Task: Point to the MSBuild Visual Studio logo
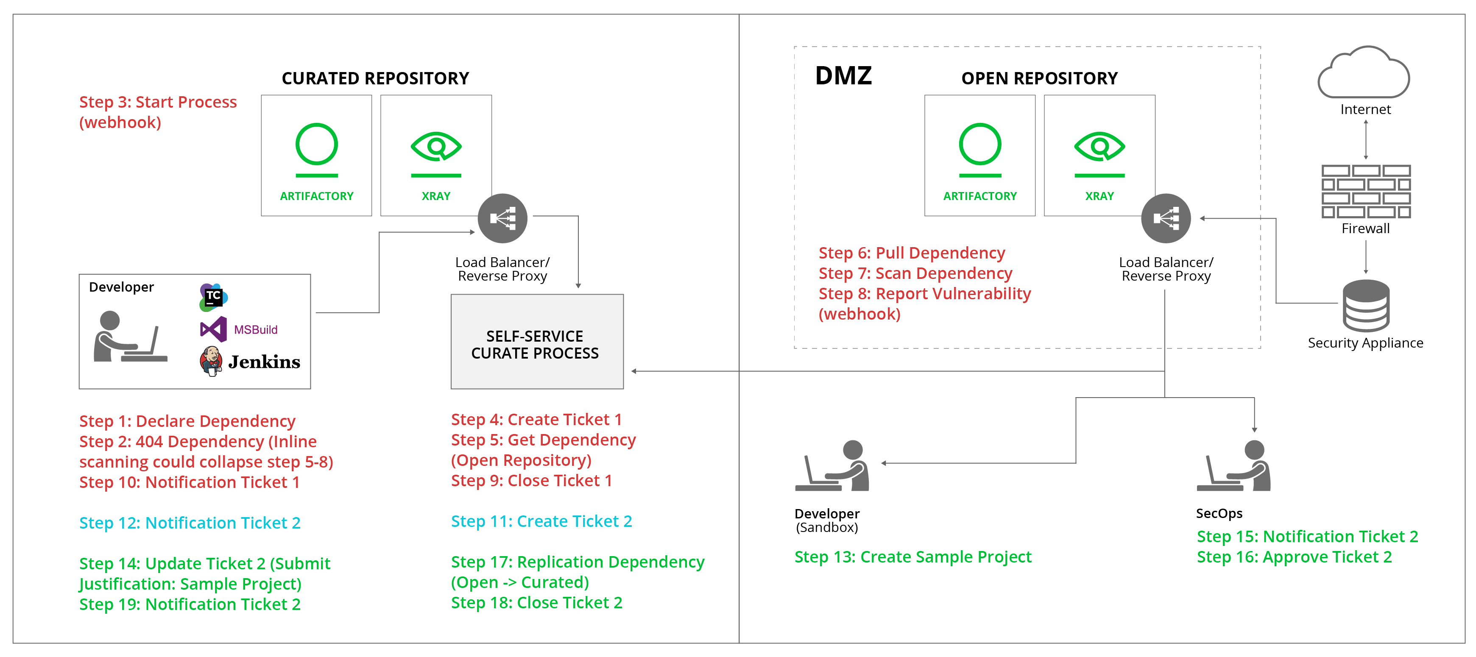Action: point(213,329)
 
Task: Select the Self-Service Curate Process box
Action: point(537,342)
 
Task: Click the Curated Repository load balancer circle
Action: point(502,218)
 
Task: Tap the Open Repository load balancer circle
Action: point(1166,218)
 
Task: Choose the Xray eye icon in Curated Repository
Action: point(436,147)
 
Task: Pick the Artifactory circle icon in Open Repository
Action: point(980,145)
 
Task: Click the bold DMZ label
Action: point(843,75)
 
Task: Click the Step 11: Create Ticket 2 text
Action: point(541,521)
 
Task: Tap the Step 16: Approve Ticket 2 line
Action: point(1294,557)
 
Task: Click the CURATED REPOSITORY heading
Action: point(375,78)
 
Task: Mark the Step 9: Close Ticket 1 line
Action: point(531,481)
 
